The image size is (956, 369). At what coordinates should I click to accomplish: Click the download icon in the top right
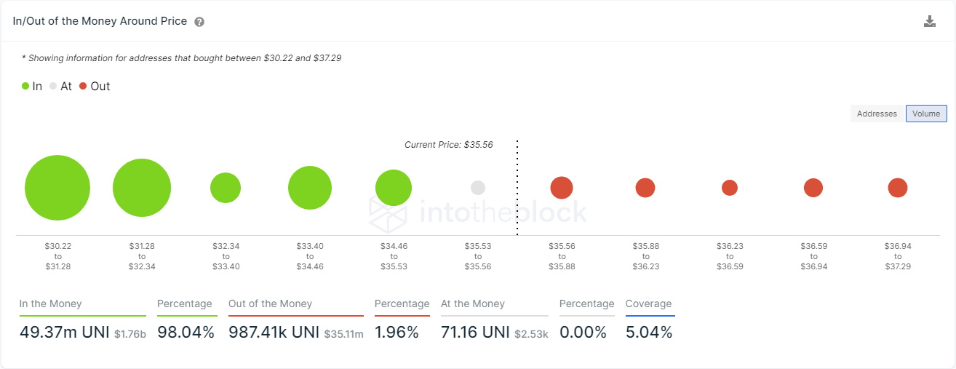click(929, 21)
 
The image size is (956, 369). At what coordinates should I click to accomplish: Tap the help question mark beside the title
click(199, 22)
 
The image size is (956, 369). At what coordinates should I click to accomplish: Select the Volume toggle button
click(926, 114)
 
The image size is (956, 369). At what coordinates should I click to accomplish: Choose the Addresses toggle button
click(877, 114)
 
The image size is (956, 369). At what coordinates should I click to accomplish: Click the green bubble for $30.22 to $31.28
click(57, 188)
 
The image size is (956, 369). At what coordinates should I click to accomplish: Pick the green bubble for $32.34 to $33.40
click(226, 188)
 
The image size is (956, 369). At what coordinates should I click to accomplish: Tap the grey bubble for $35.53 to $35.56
click(478, 188)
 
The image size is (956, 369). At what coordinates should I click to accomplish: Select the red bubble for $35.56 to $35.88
click(562, 188)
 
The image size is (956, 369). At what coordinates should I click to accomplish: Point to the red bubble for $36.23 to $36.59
click(730, 188)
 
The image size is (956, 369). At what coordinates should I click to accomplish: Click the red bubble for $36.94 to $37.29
click(898, 188)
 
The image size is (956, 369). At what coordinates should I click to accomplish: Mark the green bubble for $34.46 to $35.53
click(394, 188)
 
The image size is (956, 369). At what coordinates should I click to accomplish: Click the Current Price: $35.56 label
click(448, 145)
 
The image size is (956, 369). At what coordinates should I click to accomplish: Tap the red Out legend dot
click(83, 86)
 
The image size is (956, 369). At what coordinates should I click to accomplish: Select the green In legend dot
click(25, 86)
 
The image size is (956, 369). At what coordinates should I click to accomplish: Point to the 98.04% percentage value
click(186, 333)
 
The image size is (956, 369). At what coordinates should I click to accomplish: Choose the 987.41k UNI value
click(274, 333)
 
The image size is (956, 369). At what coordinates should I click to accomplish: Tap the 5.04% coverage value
click(649, 333)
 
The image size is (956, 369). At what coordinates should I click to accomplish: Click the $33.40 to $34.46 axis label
click(310, 256)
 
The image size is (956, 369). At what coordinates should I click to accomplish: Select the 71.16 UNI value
click(474, 333)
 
